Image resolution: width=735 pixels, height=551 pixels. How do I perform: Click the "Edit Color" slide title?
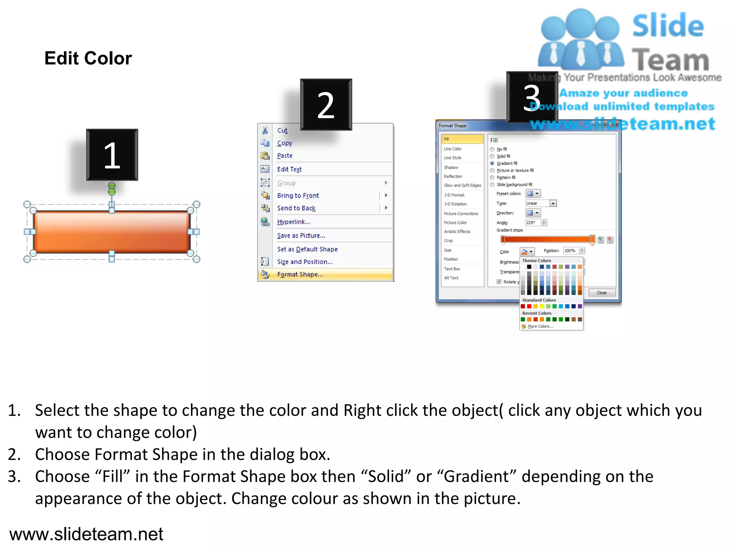click(88, 58)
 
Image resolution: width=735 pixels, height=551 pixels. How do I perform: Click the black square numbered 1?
click(112, 155)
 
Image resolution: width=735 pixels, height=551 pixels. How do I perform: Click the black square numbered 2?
click(326, 105)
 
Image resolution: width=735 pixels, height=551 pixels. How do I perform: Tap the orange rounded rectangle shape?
click(112, 232)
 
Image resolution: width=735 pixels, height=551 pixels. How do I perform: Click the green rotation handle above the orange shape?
click(112, 189)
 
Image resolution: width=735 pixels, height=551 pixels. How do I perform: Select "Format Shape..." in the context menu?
click(300, 274)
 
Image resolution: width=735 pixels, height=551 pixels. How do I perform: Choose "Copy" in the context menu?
click(285, 143)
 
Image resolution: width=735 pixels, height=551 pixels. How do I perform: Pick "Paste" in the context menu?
click(285, 156)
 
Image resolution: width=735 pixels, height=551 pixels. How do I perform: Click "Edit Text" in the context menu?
click(289, 169)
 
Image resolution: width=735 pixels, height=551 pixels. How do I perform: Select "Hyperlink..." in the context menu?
click(294, 222)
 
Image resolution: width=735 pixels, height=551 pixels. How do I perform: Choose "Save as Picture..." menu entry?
click(301, 236)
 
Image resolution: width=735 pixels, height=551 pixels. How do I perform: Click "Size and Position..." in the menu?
click(304, 262)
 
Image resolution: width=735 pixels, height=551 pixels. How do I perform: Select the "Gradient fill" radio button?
click(492, 164)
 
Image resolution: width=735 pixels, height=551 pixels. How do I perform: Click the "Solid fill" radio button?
click(492, 156)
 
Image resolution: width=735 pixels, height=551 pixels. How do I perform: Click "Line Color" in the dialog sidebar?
click(453, 149)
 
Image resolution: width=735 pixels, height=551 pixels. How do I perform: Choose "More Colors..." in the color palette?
click(540, 326)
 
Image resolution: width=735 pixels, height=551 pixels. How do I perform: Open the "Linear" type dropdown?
click(553, 203)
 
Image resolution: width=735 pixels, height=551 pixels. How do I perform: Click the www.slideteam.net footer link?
click(86, 534)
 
